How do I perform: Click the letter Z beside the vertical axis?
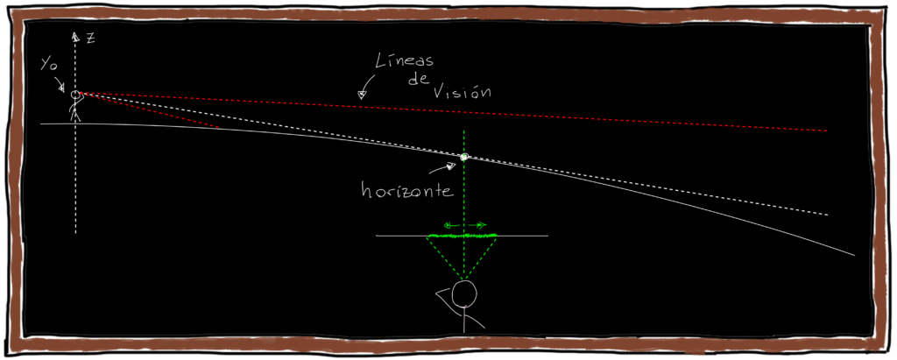click(x=90, y=38)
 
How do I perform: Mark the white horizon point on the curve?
click(x=464, y=157)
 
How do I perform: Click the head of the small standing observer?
click(x=76, y=95)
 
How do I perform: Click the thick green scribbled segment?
click(x=461, y=235)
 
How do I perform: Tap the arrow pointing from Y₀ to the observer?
click(x=61, y=85)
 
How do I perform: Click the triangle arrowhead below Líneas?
click(x=361, y=94)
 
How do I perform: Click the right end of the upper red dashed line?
click(x=826, y=131)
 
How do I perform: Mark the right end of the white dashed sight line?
click(x=826, y=213)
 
